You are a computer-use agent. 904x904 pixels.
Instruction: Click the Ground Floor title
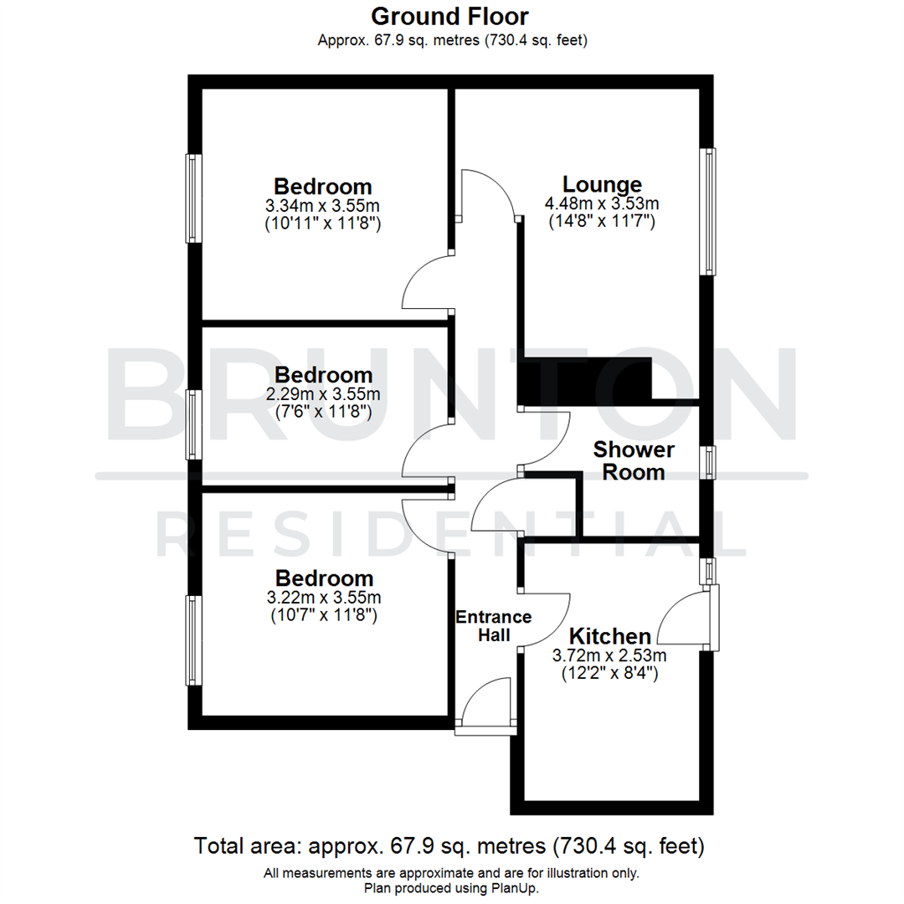[449, 15]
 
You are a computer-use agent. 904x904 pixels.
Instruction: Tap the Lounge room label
[602, 184]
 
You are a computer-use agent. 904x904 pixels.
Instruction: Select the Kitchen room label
[609, 636]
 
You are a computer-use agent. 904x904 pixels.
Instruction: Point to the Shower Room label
[634, 461]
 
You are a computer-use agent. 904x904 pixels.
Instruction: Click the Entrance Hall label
[493, 626]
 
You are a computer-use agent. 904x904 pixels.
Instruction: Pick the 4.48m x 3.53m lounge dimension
[602, 203]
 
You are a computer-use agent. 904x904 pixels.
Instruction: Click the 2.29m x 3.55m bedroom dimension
[323, 393]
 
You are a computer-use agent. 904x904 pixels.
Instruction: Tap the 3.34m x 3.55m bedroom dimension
[323, 205]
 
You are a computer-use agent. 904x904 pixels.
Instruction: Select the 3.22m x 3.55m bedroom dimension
[324, 598]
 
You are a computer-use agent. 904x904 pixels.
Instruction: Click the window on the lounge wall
[709, 212]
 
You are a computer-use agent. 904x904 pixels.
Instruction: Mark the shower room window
[709, 463]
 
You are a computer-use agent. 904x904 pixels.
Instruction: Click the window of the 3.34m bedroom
[193, 198]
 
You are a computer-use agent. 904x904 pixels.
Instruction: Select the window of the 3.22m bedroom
[193, 640]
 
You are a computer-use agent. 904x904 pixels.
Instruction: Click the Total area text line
[449, 845]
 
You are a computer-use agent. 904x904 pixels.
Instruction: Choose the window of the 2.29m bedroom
[193, 424]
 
